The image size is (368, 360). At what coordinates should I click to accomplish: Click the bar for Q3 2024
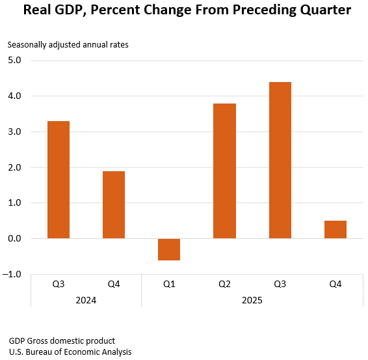coord(59,180)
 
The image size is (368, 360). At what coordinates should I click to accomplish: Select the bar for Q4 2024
coord(114,205)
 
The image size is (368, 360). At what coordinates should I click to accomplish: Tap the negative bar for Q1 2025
coord(169,249)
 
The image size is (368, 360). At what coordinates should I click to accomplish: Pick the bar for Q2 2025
coord(224,171)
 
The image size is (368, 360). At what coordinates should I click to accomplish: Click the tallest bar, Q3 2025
coord(280,160)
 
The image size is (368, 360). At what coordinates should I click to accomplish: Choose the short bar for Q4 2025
coord(335,230)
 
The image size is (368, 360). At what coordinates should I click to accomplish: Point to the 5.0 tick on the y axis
coord(14,61)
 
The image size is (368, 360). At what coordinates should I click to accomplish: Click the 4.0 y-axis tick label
coord(14,96)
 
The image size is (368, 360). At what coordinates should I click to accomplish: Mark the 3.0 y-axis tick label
coord(14,132)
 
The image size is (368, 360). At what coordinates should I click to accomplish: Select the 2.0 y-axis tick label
coord(14,168)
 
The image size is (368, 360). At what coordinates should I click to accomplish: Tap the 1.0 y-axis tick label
coord(14,203)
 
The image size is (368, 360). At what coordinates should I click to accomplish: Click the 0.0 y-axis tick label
coord(14,239)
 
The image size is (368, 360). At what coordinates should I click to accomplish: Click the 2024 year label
coord(86,300)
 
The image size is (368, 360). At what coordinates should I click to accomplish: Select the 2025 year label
coord(252,300)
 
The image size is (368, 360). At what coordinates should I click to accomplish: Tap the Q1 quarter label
coord(169,284)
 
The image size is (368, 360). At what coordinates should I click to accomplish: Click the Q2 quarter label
coord(224,284)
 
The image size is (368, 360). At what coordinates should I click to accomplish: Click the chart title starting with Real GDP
coord(184,10)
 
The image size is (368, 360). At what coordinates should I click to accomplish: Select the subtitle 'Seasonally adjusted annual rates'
coord(68,45)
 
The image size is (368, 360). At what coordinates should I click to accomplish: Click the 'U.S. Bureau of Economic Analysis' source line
coord(70,352)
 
